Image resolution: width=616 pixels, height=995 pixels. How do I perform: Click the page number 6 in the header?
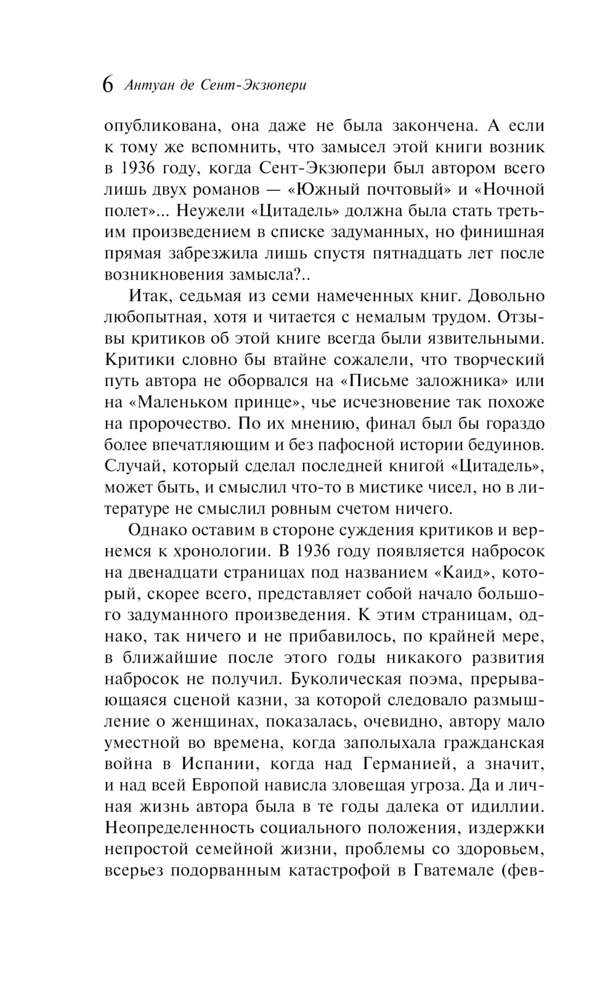coord(108,84)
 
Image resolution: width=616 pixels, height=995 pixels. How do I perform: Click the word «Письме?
coord(378,381)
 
